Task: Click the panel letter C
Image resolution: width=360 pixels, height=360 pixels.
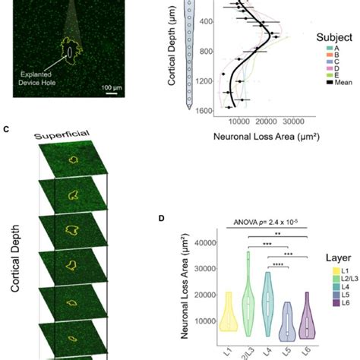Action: click(6, 129)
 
